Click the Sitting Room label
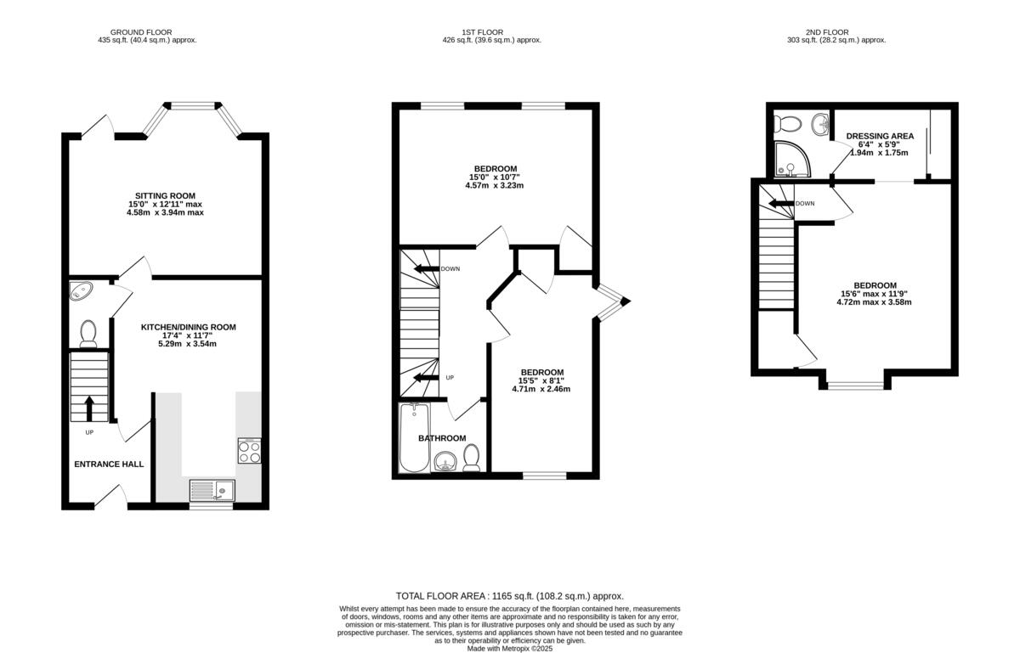pyautogui.click(x=165, y=194)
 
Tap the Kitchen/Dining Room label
pyautogui.click(x=188, y=327)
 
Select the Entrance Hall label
pyautogui.click(x=109, y=464)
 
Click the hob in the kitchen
pyautogui.click(x=249, y=451)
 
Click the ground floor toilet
pyautogui.click(x=88, y=334)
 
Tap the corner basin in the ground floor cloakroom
pyautogui.click(x=82, y=291)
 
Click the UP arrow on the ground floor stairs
pyautogui.click(x=89, y=409)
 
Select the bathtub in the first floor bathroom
pyautogui.click(x=414, y=438)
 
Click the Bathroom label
pyautogui.click(x=441, y=438)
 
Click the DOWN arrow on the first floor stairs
pyautogui.click(x=424, y=269)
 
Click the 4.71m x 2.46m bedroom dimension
pyautogui.click(x=541, y=390)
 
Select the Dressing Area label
pyautogui.click(x=880, y=136)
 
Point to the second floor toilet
pyautogui.click(x=789, y=124)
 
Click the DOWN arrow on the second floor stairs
pyautogui.click(x=779, y=203)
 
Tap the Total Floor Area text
pyautogui.click(x=515, y=596)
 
